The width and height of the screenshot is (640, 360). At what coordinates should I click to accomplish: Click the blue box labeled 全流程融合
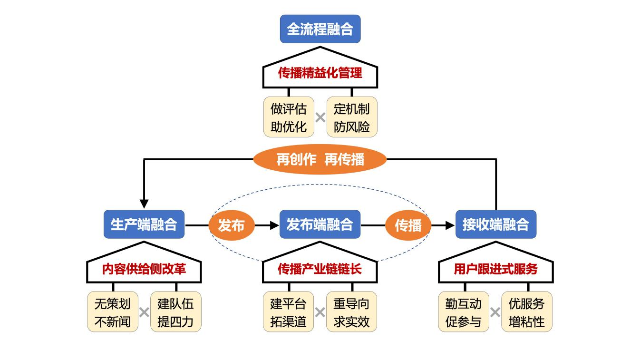(x=320, y=29)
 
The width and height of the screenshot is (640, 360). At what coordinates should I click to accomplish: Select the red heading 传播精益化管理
(x=320, y=73)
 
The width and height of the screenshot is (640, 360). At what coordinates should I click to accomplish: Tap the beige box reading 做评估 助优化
(x=289, y=117)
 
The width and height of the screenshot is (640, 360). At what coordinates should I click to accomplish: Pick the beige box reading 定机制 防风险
(x=352, y=117)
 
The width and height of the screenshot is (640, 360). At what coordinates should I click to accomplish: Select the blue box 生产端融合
(x=144, y=224)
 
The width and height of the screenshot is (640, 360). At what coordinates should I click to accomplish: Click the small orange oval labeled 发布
(x=231, y=225)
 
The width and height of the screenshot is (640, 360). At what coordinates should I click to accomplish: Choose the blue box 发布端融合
(x=320, y=224)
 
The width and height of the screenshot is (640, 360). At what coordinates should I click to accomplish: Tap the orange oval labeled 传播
(x=408, y=225)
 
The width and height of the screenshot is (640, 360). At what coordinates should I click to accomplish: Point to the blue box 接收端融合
(x=495, y=224)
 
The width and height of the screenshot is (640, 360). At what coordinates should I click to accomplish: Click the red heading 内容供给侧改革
(x=144, y=269)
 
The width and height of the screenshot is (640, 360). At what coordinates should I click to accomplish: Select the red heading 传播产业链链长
(x=320, y=269)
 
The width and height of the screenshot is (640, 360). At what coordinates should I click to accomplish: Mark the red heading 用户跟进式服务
(x=495, y=269)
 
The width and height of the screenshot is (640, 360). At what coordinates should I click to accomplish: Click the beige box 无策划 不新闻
(x=113, y=312)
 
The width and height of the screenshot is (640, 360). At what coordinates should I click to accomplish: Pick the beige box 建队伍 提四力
(x=176, y=312)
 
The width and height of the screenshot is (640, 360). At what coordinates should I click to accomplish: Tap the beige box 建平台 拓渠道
(x=289, y=312)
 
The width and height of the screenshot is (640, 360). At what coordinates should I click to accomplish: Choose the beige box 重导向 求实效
(x=352, y=312)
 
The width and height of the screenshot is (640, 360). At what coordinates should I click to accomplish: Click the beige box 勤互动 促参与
(x=464, y=312)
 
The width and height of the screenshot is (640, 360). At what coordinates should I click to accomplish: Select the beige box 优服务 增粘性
(x=527, y=312)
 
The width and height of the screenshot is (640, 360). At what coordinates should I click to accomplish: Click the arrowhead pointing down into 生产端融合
(x=144, y=204)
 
